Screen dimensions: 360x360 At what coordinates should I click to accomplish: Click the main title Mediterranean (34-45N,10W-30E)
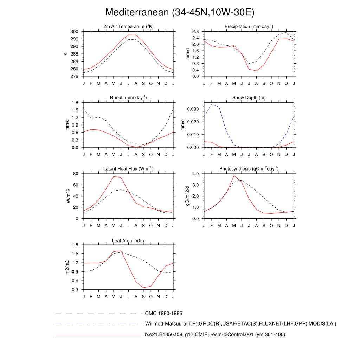click(180, 12)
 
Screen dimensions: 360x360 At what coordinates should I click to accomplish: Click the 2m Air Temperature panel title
click(128, 27)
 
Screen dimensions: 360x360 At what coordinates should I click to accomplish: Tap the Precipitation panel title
click(249, 27)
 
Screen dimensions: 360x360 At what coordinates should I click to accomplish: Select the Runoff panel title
click(128, 98)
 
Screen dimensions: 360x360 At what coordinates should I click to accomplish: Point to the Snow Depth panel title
click(249, 98)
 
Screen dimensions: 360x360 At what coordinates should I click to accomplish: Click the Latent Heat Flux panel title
click(128, 169)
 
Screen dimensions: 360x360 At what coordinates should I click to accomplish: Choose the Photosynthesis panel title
click(249, 169)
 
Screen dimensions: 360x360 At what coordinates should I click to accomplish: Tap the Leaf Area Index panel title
click(128, 240)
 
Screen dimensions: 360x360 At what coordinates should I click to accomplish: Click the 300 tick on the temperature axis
click(74, 32)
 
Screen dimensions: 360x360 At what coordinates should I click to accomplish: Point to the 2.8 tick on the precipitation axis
click(195, 32)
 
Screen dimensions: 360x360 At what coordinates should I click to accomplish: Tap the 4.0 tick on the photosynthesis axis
click(195, 174)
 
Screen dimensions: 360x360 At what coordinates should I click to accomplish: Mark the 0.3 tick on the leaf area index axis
click(75, 290)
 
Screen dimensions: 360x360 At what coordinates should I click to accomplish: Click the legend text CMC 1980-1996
click(163, 313)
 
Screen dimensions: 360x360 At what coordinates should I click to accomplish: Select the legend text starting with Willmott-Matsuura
click(240, 323)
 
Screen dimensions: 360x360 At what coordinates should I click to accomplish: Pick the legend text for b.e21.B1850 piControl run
click(215, 335)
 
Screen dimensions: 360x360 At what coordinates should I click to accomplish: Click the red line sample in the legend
click(98, 335)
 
